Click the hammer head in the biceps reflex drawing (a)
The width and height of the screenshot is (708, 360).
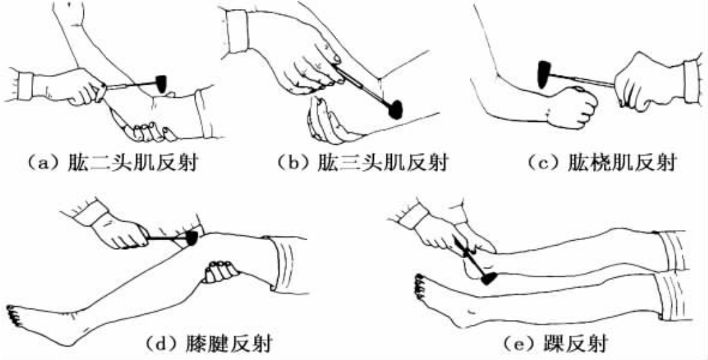pos(161,84)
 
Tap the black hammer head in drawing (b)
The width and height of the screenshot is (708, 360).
pos(395,109)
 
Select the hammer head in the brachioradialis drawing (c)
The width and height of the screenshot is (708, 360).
pos(543,74)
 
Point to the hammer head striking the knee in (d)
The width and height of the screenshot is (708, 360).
pos(192,238)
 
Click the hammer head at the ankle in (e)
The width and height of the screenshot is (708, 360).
pos(489,278)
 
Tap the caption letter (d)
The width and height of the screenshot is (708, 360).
pos(160,343)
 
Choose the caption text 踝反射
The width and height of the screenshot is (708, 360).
pos(576,343)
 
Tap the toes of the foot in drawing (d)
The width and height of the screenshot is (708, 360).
pos(14,315)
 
